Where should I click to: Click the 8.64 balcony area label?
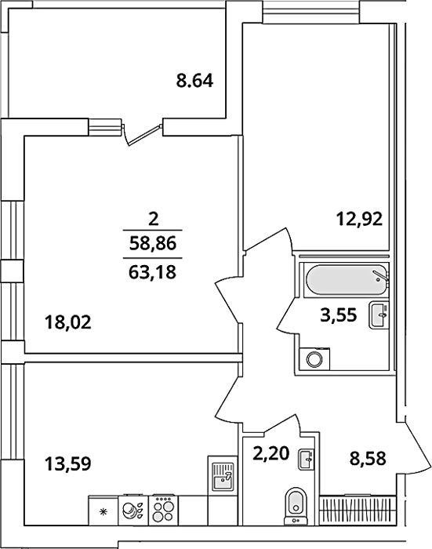(194, 81)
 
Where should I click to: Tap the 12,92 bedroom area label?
(359, 220)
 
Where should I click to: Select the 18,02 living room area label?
(68, 322)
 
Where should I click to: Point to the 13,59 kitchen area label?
(68, 464)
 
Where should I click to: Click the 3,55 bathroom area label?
(339, 315)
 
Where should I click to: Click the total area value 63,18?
(152, 272)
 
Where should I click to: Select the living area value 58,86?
(152, 243)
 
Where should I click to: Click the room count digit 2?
(154, 220)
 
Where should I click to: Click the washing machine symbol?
(314, 358)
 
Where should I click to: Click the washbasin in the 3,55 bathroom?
(379, 315)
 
